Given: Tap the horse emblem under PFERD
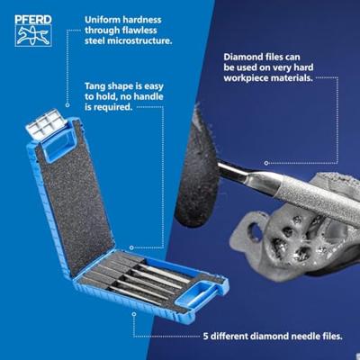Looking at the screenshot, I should [33, 34].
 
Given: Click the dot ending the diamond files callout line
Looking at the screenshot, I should [266, 162].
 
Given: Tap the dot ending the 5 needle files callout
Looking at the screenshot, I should [133, 314].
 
